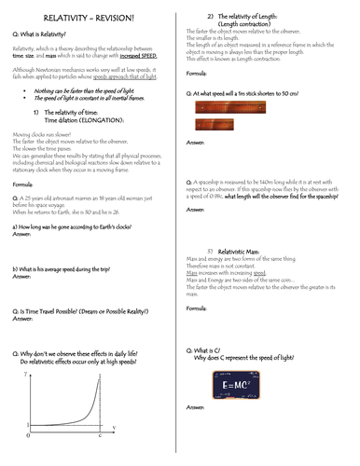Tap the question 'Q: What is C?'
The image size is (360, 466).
[215, 348]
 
